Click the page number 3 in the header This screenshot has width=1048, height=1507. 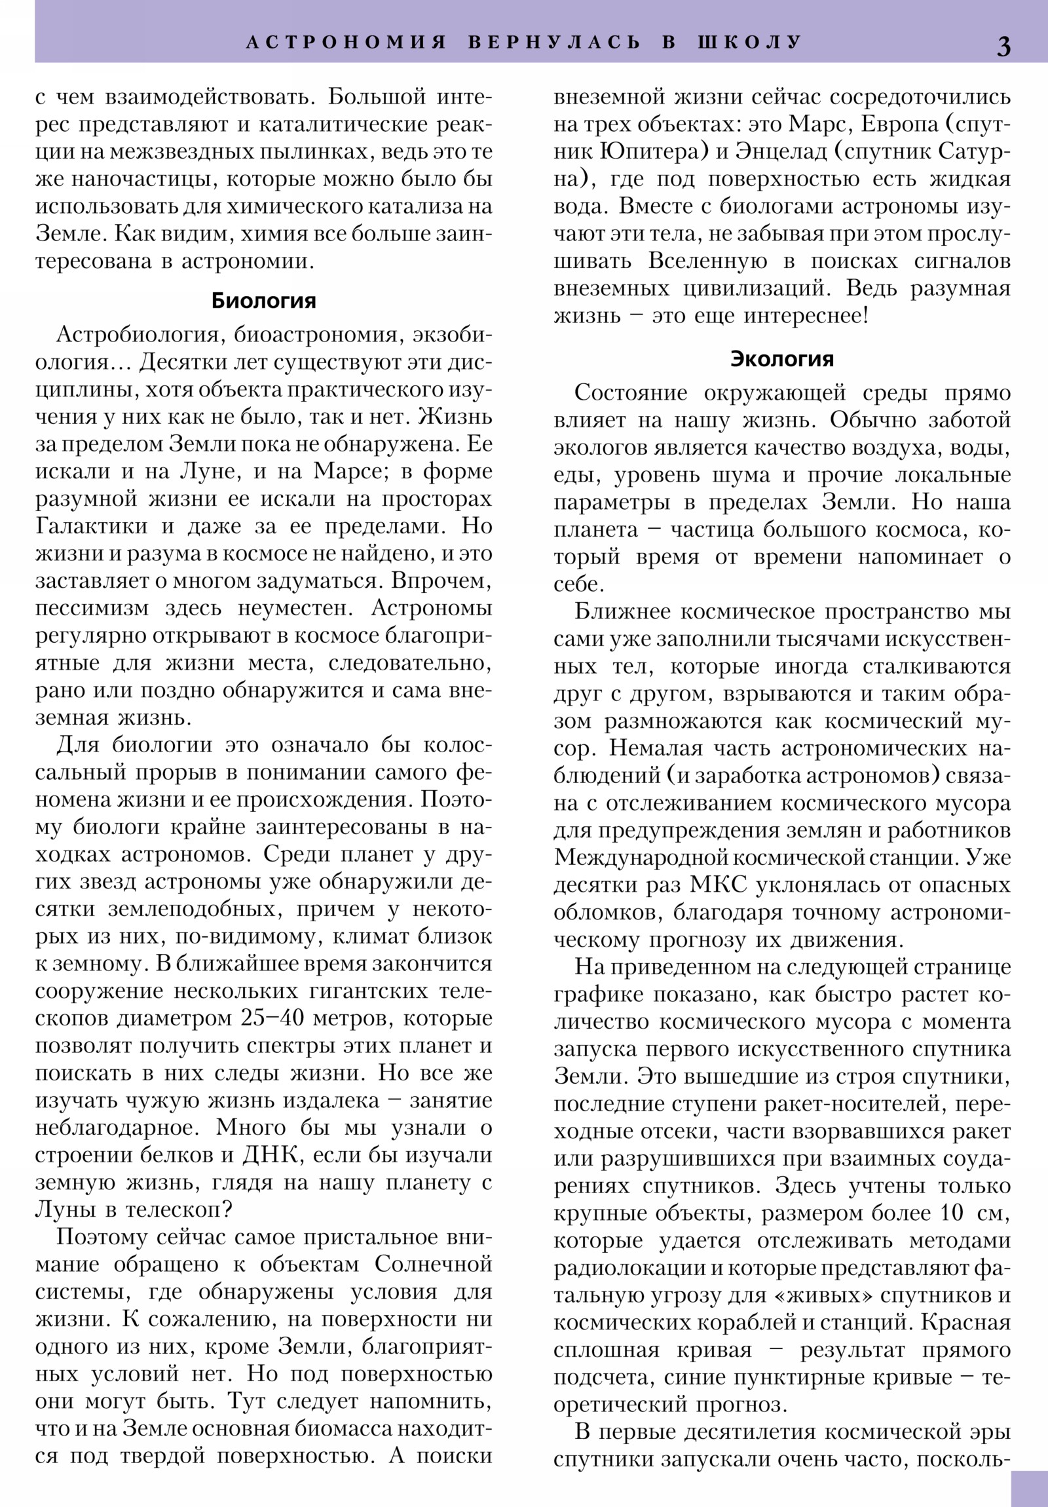[x=1003, y=46]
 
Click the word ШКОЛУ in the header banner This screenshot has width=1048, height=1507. [x=749, y=42]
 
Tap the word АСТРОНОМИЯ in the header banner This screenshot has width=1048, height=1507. [x=346, y=42]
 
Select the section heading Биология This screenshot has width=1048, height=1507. [x=263, y=301]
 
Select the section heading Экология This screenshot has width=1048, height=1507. [x=782, y=359]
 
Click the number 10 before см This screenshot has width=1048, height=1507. [x=951, y=1213]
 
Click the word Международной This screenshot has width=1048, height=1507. [x=641, y=858]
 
